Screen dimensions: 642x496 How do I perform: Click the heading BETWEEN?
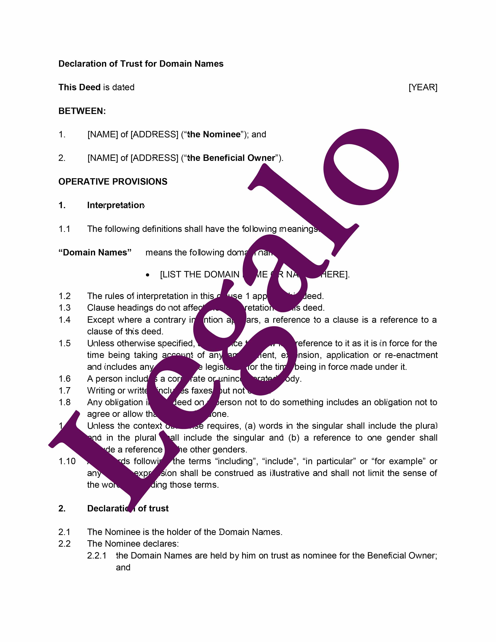tap(82, 111)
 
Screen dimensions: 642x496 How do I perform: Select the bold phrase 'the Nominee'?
tap(214, 134)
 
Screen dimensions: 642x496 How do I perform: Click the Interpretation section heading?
tap(116, 205)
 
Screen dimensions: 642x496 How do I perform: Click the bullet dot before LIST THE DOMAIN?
tap(147, 275)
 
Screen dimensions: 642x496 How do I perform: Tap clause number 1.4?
tap(65, 320)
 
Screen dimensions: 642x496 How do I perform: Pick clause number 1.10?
tap(67, 461)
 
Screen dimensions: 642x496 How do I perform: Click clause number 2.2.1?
tap(97, 556)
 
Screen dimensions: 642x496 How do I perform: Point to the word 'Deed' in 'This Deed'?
tap(90, 87)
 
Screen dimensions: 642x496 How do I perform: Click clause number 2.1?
tap(64, 532)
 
